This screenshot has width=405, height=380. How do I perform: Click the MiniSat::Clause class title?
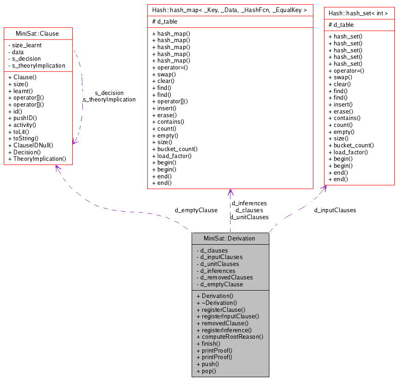pos(37,33)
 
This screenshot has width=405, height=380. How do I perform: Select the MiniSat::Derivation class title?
pos(230,238)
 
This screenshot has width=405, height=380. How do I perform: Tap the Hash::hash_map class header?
pos(230,9)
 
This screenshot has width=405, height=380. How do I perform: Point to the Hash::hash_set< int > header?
pos(359,13)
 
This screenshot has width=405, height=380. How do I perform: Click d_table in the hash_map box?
pos(167,21)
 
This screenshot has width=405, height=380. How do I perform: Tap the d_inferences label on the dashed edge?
pos(249,203)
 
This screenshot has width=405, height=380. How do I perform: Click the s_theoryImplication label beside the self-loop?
pos(109,99)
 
